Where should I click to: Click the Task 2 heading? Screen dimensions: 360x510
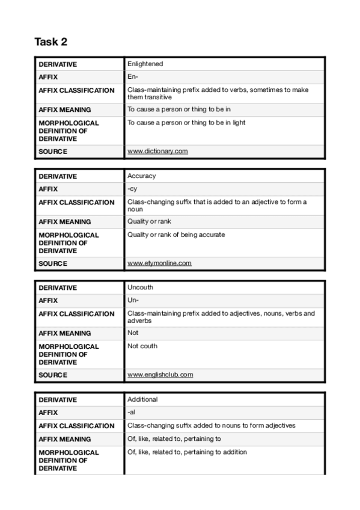coord(51,41)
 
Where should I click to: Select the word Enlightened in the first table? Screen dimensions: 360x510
coord(145,64)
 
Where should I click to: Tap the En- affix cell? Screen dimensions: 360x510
coord(133,77)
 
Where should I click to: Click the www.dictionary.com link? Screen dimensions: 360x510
coord(157,151)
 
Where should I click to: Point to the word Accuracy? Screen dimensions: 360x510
coord(141,176)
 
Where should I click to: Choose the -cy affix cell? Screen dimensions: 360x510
coord(132,189)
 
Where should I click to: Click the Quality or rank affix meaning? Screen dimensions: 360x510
coord(149,221)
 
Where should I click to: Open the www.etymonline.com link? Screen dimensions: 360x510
coord(159,263)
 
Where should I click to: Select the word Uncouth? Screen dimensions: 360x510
coord(140,287)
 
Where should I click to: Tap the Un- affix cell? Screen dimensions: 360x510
coord(133,301)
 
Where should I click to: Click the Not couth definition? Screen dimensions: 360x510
coord(142,346)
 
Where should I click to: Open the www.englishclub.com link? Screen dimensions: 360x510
coord(160,375)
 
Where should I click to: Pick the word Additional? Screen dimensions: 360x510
coord(142,399)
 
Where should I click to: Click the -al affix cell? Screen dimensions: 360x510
coord(132,413)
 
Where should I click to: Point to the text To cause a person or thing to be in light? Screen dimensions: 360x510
coord(186,123)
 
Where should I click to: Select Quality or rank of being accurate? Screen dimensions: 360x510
coord(176,235)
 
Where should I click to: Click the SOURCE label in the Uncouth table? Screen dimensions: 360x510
coord(53,375)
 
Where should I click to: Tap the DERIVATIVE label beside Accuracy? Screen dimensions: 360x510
coord(58,176)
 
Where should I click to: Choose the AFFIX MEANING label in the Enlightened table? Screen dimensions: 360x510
coord(64,109)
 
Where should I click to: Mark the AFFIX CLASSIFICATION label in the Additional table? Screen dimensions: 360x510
coord(76,426)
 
